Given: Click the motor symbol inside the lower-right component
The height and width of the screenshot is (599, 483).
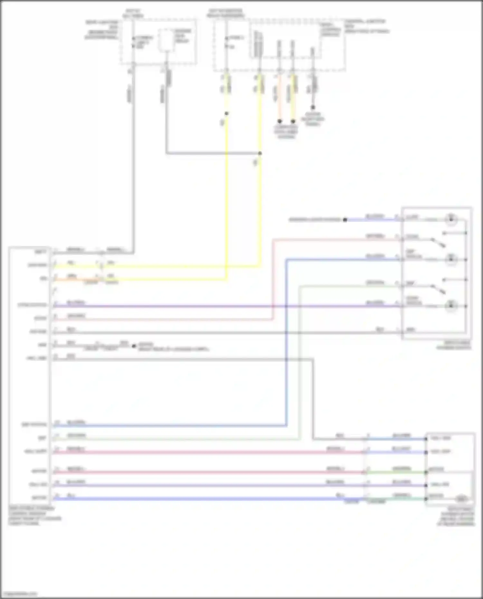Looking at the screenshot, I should (462, 499).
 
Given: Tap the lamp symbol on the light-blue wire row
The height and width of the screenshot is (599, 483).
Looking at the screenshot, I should (451, 220).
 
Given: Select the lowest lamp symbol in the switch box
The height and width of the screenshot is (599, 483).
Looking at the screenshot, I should (451, 306).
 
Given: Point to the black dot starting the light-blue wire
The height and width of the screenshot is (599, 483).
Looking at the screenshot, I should (345, 220).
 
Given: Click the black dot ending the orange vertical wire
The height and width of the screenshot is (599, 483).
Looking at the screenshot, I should (279, 121).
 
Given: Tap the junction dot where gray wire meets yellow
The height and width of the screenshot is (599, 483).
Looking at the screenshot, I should (260, 153).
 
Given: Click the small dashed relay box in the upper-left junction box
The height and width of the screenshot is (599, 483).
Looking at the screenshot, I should (166, 40).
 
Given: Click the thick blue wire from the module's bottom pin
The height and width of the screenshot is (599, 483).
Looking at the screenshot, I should (193, 499).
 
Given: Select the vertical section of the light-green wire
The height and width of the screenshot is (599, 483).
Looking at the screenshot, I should (300, 360).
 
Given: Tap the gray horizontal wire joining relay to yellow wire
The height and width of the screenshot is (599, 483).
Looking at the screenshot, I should (213, 153).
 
